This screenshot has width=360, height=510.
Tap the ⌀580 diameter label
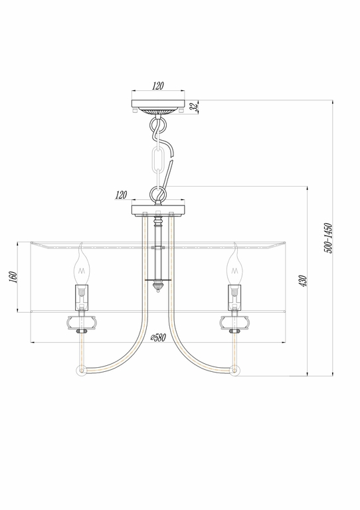(x=157, y=337)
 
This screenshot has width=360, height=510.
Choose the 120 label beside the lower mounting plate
(x=120, y=195)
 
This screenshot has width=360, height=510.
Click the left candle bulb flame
(x=82, y=266)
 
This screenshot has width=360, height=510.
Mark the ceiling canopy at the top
(x=157, y=105)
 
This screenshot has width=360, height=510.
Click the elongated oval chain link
(x=158, y=161)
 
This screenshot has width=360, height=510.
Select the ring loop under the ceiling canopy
(x=158, y=125)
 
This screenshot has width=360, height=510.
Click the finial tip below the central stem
(x=158, y=287)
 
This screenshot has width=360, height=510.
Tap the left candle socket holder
(x=81, y=296)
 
